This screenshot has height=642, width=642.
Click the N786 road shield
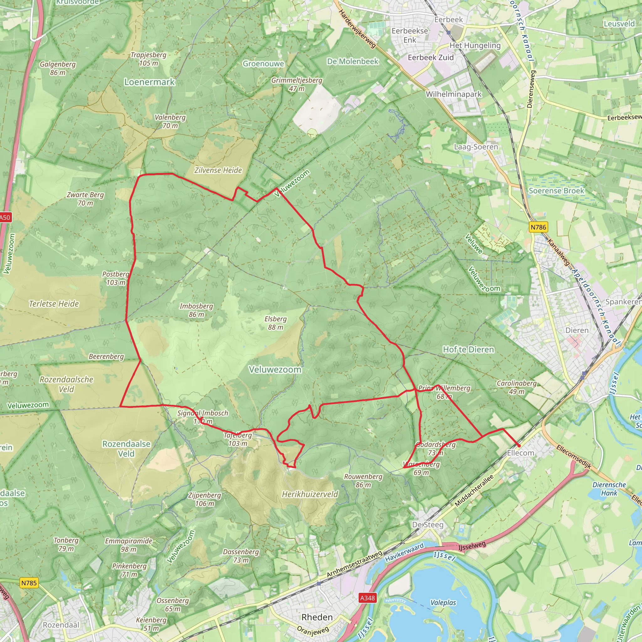538,227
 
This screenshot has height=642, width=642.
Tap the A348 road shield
367,598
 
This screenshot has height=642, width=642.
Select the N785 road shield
29,583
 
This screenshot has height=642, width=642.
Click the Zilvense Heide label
218,171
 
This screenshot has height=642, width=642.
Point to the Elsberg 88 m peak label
276,323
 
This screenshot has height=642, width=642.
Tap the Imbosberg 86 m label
196,310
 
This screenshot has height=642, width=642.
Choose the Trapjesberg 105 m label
149,59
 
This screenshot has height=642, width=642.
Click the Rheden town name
317,617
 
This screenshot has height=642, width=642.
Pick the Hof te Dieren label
469,350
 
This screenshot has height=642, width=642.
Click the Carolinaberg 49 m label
517,387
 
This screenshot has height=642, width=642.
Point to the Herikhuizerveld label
310,494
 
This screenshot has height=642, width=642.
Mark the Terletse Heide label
54,304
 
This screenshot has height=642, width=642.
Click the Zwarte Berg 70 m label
85,199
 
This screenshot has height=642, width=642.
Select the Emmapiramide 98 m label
129,545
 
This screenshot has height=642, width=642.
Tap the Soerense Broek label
556,191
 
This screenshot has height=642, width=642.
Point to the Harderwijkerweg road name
357,29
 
